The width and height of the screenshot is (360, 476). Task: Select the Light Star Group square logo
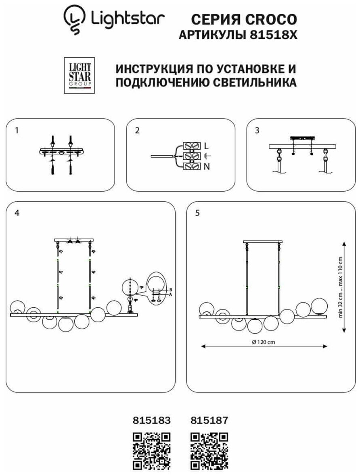pyautogui.click(x=79, y=75)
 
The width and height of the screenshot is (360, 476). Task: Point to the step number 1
pyautogui.click(x=16, y=130)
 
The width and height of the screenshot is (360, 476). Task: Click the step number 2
pyautogui.click(x=137, y=130)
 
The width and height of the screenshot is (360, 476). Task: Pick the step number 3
pyautogui.click(x=257, y=130)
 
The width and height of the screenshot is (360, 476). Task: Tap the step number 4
pyautogui.click(x=17, y=213)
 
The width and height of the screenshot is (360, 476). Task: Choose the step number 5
pyautogui.click(x=197, y=213)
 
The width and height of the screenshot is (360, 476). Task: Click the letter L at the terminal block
pyautogui.click(x=206, y=146)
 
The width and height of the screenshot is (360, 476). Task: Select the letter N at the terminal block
pyautogui.click(x=206, y=166)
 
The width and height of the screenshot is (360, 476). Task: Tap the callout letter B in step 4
pyautogui.click(x=171, y=290)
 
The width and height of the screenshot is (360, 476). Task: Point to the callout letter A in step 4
pyautogui.click(x=171, y=295)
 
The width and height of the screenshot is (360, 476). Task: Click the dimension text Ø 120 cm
pyautogui.click(x=263, y=342)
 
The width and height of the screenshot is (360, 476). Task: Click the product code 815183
pyautogui.click(x=152, y=420)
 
